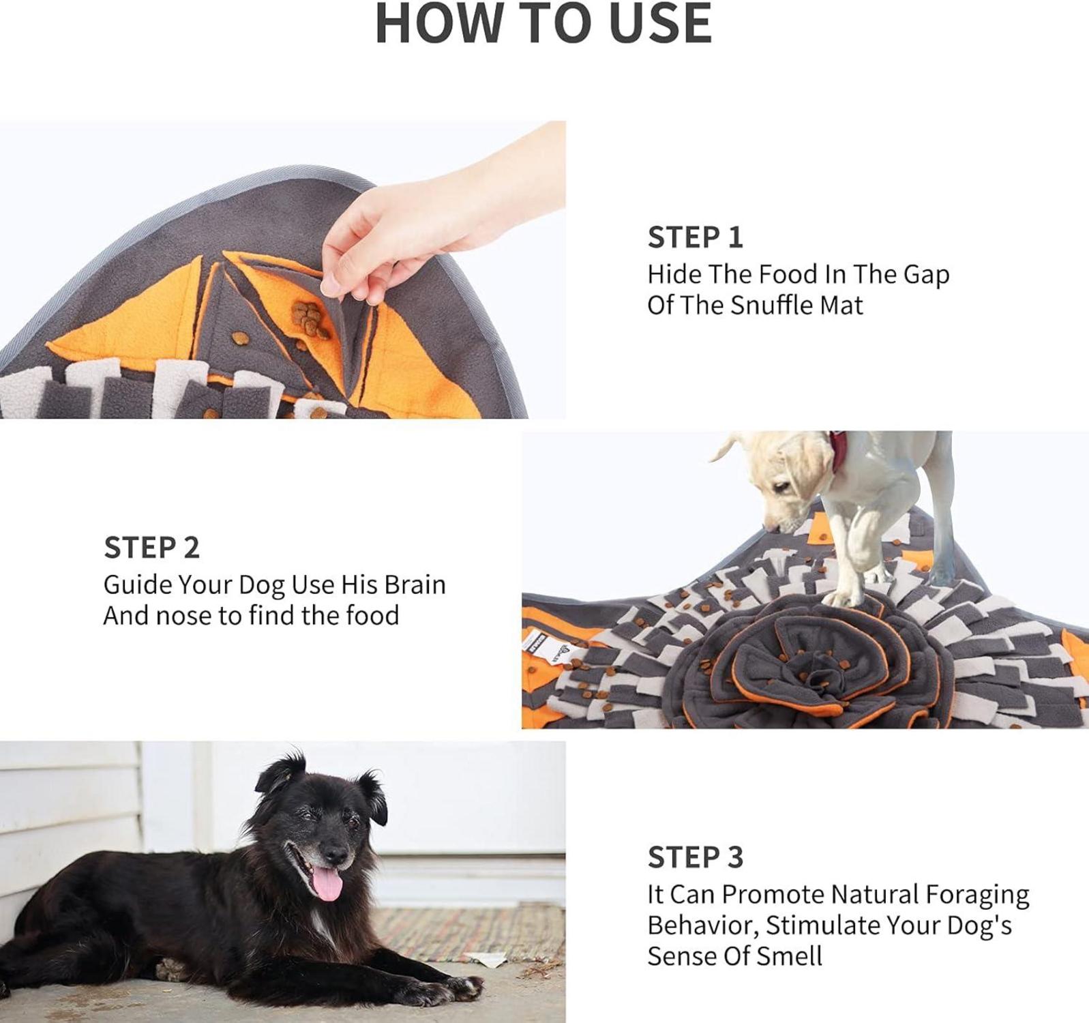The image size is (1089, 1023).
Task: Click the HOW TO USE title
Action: (543, 23)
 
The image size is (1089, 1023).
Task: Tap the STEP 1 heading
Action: (695, 237)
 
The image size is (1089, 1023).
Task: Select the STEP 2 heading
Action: (151, 548)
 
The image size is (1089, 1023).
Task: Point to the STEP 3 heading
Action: (695, 857)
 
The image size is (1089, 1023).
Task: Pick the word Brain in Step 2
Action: (415, 584)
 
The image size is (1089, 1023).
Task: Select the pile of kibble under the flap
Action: (311, 320)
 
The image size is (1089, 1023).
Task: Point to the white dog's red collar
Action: (839, 451)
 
